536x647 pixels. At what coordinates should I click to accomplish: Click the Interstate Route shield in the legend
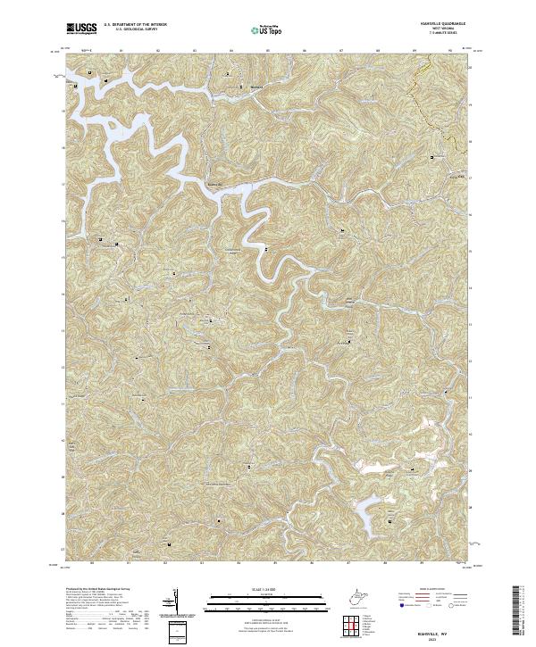398,606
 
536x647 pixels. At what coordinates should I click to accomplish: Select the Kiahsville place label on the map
214,185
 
